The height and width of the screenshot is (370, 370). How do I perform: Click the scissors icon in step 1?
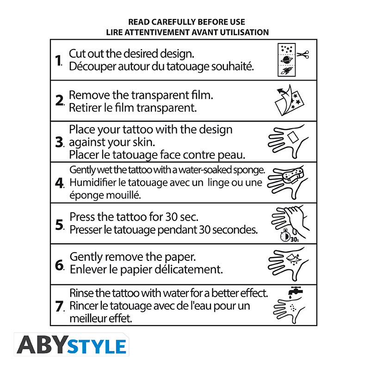303,55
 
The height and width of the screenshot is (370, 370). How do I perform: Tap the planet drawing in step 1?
287,60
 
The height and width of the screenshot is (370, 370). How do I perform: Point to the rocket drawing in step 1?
287,70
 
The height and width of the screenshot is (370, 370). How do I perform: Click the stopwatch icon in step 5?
285,235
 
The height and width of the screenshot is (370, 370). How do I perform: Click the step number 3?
59,142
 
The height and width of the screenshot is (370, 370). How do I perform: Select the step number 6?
59,265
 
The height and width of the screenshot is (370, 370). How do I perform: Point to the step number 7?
59,306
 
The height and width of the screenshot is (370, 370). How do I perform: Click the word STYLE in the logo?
97,346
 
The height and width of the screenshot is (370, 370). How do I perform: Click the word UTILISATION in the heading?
244,32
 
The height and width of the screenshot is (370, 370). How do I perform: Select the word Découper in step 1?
92,67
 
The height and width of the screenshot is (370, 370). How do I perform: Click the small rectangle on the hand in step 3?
293,137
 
